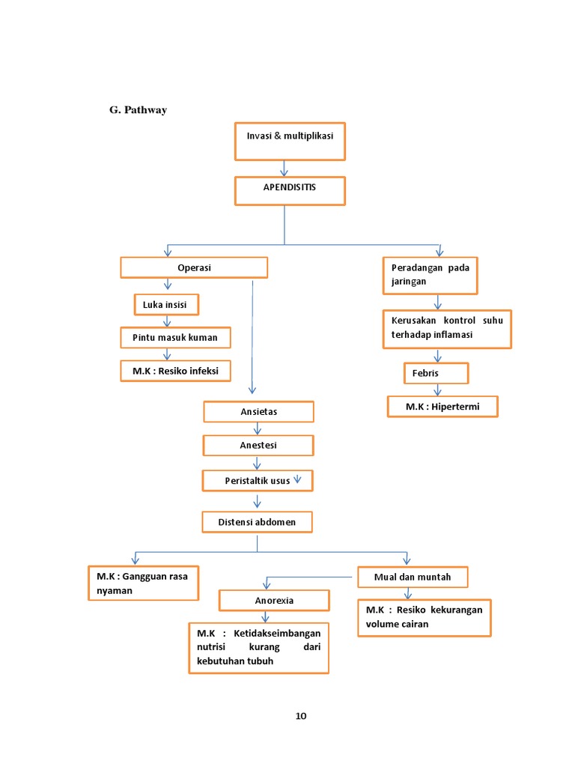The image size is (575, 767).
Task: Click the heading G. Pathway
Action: coord(138,110)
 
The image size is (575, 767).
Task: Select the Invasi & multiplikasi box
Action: coord(290,142)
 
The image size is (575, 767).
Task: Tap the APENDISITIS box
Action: coord(290,190)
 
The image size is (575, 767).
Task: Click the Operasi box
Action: coord(194,267)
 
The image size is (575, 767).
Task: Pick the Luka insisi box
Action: coord(165,305)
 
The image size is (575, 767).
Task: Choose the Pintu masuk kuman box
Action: coord(175,337)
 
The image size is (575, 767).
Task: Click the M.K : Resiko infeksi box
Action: coord(175,370)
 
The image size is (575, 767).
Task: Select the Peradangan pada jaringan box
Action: coord(430,275)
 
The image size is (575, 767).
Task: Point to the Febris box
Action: coord(436,373)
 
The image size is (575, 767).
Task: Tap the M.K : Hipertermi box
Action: coord(442,406)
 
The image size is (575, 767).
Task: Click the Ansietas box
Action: coord(258,411)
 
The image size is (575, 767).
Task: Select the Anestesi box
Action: coord(258,445)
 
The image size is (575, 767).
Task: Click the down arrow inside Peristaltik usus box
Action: coord(297,479)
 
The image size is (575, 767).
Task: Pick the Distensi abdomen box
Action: coord(257,521)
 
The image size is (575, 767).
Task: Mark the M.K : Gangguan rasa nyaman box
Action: coord(142,583)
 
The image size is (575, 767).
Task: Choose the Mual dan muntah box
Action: coord(412,577)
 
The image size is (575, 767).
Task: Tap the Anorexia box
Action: coord(273,600)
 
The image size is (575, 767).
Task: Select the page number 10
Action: coord(300,715)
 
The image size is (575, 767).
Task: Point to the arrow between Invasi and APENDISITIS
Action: coord(284,169)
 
